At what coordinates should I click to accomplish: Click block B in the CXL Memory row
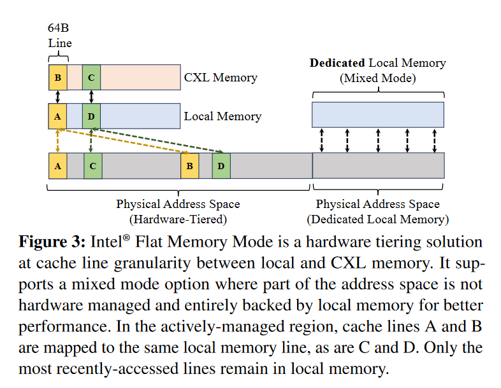coord(57,78)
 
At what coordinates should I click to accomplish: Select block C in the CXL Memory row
coord(92,78)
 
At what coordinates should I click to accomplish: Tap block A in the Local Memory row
coord(57,116)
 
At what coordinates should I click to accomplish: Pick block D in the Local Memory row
coord(92,116)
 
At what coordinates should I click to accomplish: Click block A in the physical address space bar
coord(57,165)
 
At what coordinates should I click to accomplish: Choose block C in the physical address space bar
coord(92,165)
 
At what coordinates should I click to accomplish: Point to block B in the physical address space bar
coord(189,165)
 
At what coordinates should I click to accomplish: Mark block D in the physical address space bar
coord(221,165)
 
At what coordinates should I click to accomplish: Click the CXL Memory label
coord(221,78)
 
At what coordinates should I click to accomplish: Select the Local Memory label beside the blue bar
coord(222,116)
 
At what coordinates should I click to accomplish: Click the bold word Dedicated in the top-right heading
coord(337,63)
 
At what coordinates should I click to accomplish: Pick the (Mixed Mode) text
coord(377,78)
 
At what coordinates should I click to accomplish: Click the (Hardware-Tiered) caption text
coord(178,219)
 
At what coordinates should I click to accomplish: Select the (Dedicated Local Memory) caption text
coord(377,219)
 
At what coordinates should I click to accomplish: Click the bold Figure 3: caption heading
coord(52,242)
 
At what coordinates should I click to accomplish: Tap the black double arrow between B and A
coord(57,97)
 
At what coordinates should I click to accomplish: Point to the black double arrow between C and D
coord(92,97)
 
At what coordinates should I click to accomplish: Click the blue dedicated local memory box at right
coord(377,114)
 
